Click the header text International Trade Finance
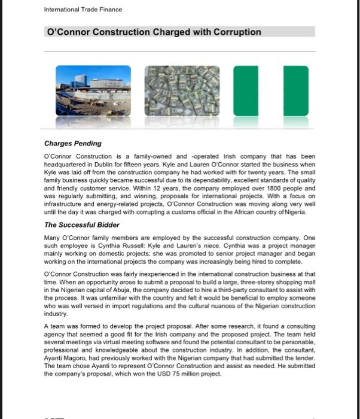[83, 10]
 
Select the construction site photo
[93, 90]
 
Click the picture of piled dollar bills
[181, 90]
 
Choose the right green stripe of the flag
[296, 91]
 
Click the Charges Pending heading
[73, 144]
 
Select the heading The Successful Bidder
[83, 225]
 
